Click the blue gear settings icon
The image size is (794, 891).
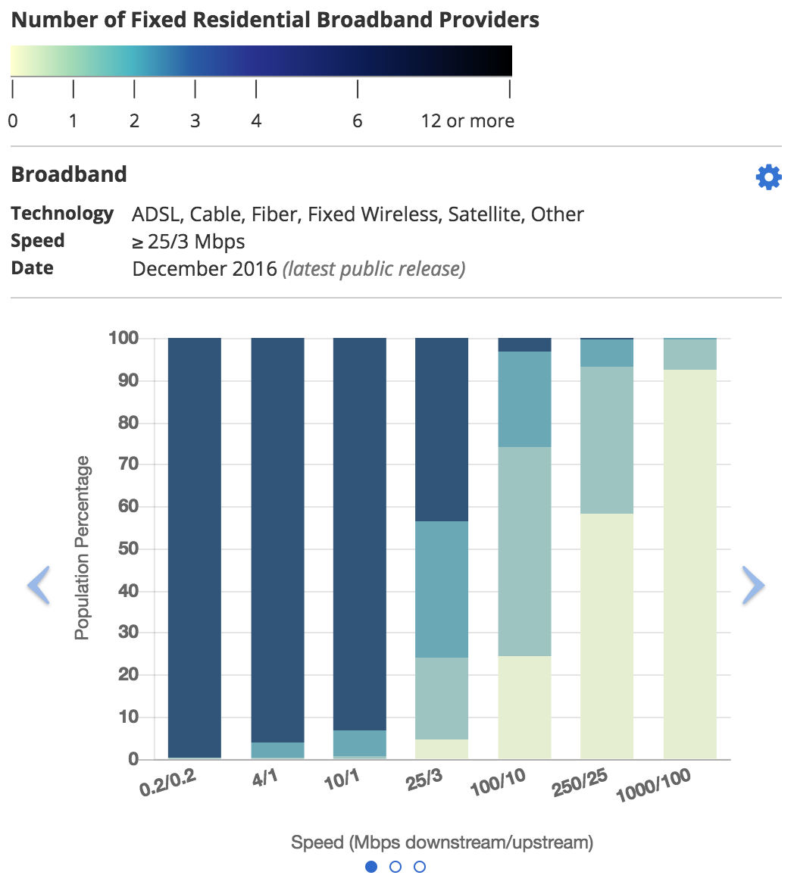pos(768,177)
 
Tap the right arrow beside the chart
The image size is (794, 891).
pos(753,585)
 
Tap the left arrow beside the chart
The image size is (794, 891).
pos(39,585)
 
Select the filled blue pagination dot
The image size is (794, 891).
pos(371,867)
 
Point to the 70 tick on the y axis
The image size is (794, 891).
pos(128,464)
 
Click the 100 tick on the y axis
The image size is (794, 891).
pos(123,338)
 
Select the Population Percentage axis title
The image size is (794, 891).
pos(82,548)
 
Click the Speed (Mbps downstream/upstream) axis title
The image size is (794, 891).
pos(442,842)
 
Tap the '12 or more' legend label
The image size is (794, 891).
pos(467,121)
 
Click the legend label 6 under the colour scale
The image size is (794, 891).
pos(357,121)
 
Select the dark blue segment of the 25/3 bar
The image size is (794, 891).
pos(442,429)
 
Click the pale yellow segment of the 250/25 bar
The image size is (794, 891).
pos(606,636)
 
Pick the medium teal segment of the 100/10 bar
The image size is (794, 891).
pos(524,399)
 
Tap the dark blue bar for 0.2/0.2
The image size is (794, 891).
pos(194,546)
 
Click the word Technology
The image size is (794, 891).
pos(62,214)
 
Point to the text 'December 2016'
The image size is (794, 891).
pos(205,269)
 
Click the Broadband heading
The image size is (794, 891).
pos(69,174)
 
